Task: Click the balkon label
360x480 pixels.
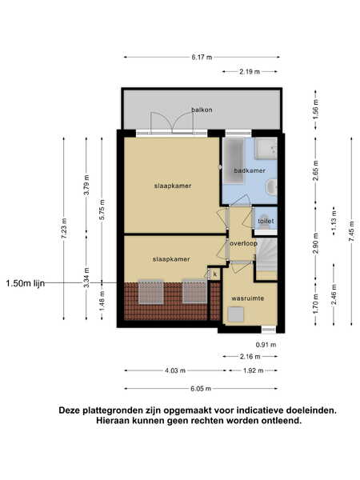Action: click(202, 110)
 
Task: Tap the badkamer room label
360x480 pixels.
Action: click(250, 170)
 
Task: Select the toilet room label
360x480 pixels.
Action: click(266, 221)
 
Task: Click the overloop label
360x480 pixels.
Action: click(243, 244)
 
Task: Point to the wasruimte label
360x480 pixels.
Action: click(248, 298)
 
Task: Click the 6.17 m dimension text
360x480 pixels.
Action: click(202, 58)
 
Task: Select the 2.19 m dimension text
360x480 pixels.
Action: click(250, 72)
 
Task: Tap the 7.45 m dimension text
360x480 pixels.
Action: click(352, 231)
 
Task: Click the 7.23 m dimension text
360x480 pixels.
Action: click(64, 228)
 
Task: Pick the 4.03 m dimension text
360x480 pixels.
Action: click(175, 370)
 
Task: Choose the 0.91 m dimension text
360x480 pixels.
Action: click(266, 345)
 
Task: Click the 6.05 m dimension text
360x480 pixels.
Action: click(201, 389)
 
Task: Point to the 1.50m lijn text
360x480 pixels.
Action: click(26, 283)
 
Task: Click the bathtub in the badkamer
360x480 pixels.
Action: click(234, 161)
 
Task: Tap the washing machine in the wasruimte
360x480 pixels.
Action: click(235, 314)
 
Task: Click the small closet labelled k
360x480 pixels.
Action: click(215, 274)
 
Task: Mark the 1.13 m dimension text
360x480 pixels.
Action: click(334, 221)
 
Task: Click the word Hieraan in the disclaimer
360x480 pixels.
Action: click(113, 420)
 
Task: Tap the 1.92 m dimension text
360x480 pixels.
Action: click(253, 370)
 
